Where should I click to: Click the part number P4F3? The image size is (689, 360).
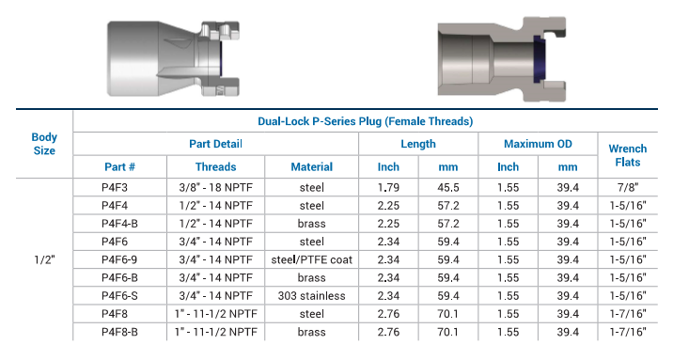[115, 188]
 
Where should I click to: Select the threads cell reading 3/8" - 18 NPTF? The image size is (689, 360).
[216, 188]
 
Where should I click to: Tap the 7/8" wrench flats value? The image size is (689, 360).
[628, 188]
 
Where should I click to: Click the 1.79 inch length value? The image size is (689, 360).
[388, 188]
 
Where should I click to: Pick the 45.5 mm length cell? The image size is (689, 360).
[448, 188]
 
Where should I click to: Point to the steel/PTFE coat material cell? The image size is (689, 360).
[311, 259]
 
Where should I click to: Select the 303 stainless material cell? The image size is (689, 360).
[311, 296]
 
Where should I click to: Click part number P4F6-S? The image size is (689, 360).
[119, 296]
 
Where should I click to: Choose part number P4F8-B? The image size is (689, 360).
[119, 332]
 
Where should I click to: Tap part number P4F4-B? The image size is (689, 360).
[119, 224]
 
